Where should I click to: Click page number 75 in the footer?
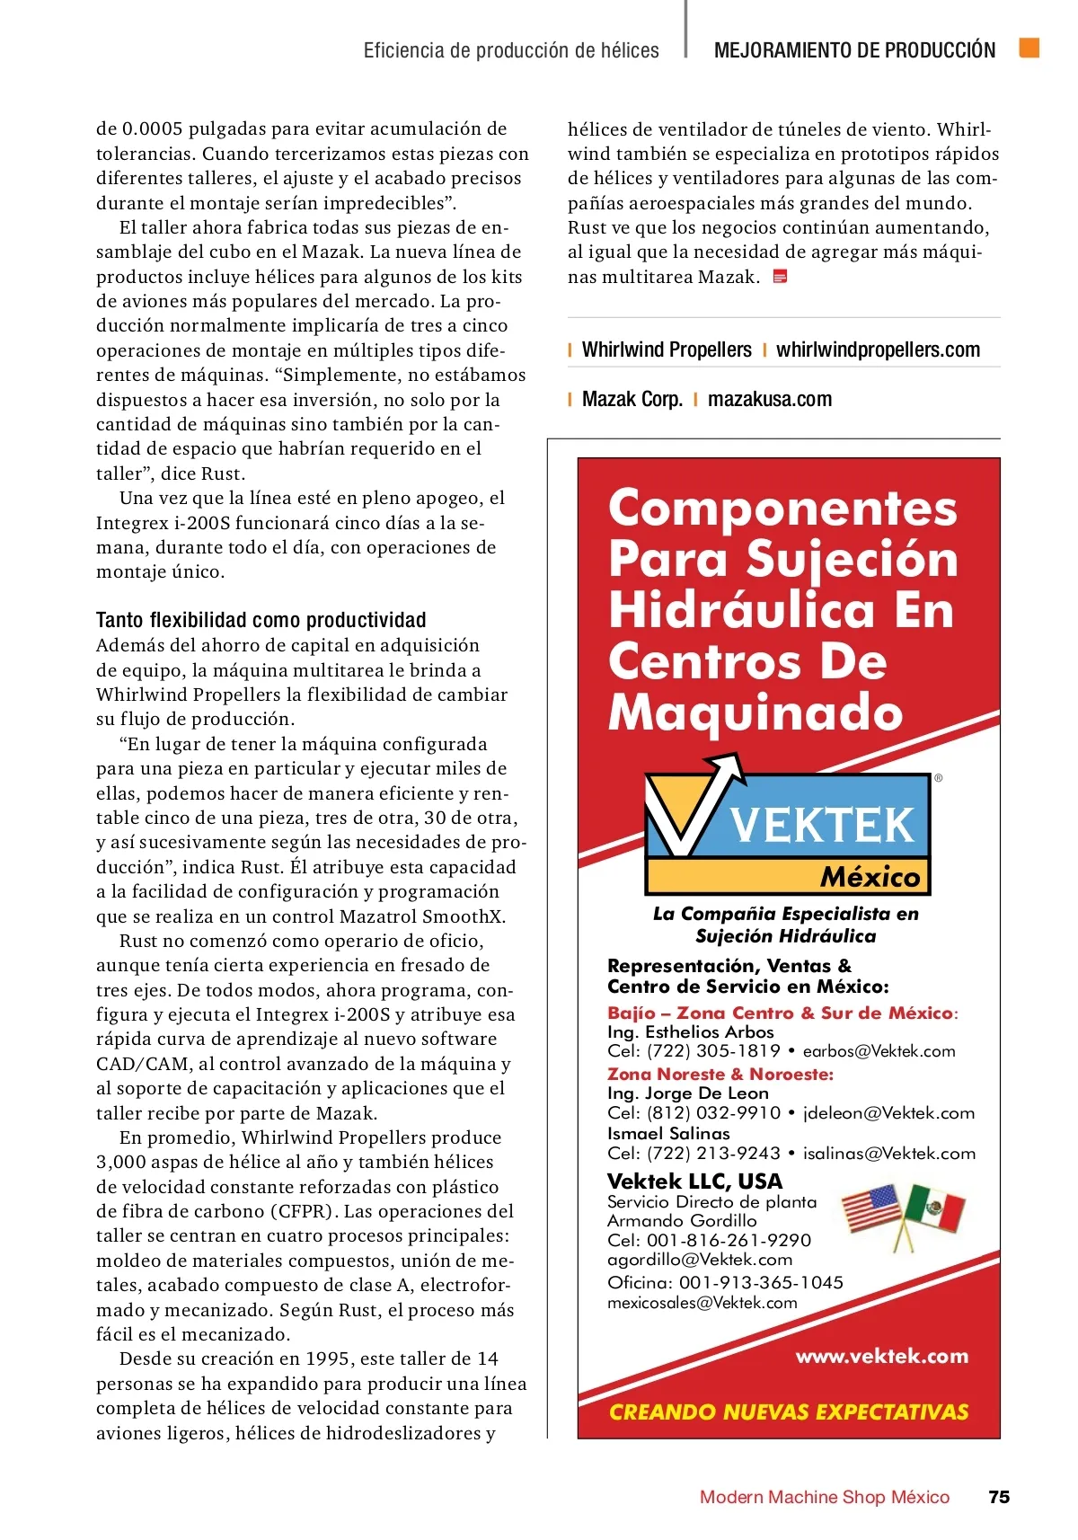tap(998, 1497)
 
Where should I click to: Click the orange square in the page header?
tap(1029, 48)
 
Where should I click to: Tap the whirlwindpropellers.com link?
tap(878, 350)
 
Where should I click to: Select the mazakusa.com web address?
tap(770, 399)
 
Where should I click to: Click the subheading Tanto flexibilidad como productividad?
tap(261, 620)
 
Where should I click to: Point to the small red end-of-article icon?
tap(780, 277)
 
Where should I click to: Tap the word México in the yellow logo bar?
tap(870, 877)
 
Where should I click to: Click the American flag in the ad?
tap(872, 1208)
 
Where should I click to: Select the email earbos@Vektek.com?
tap(879, 1051)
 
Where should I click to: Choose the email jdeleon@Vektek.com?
tap(888, 1113)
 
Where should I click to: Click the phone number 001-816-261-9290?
tap(729, 1240)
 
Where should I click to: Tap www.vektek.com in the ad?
tap(881, 1356)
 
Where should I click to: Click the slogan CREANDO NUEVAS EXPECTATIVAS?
tap(789, 1412)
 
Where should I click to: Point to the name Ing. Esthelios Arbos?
tap(690, 1032)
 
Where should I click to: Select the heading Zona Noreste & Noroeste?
tap(720, 1074)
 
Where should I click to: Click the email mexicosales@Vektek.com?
tap(702, 1303)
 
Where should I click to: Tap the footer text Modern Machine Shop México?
tap(824, 1497)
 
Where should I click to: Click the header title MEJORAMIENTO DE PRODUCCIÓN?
tap(854, 50)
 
